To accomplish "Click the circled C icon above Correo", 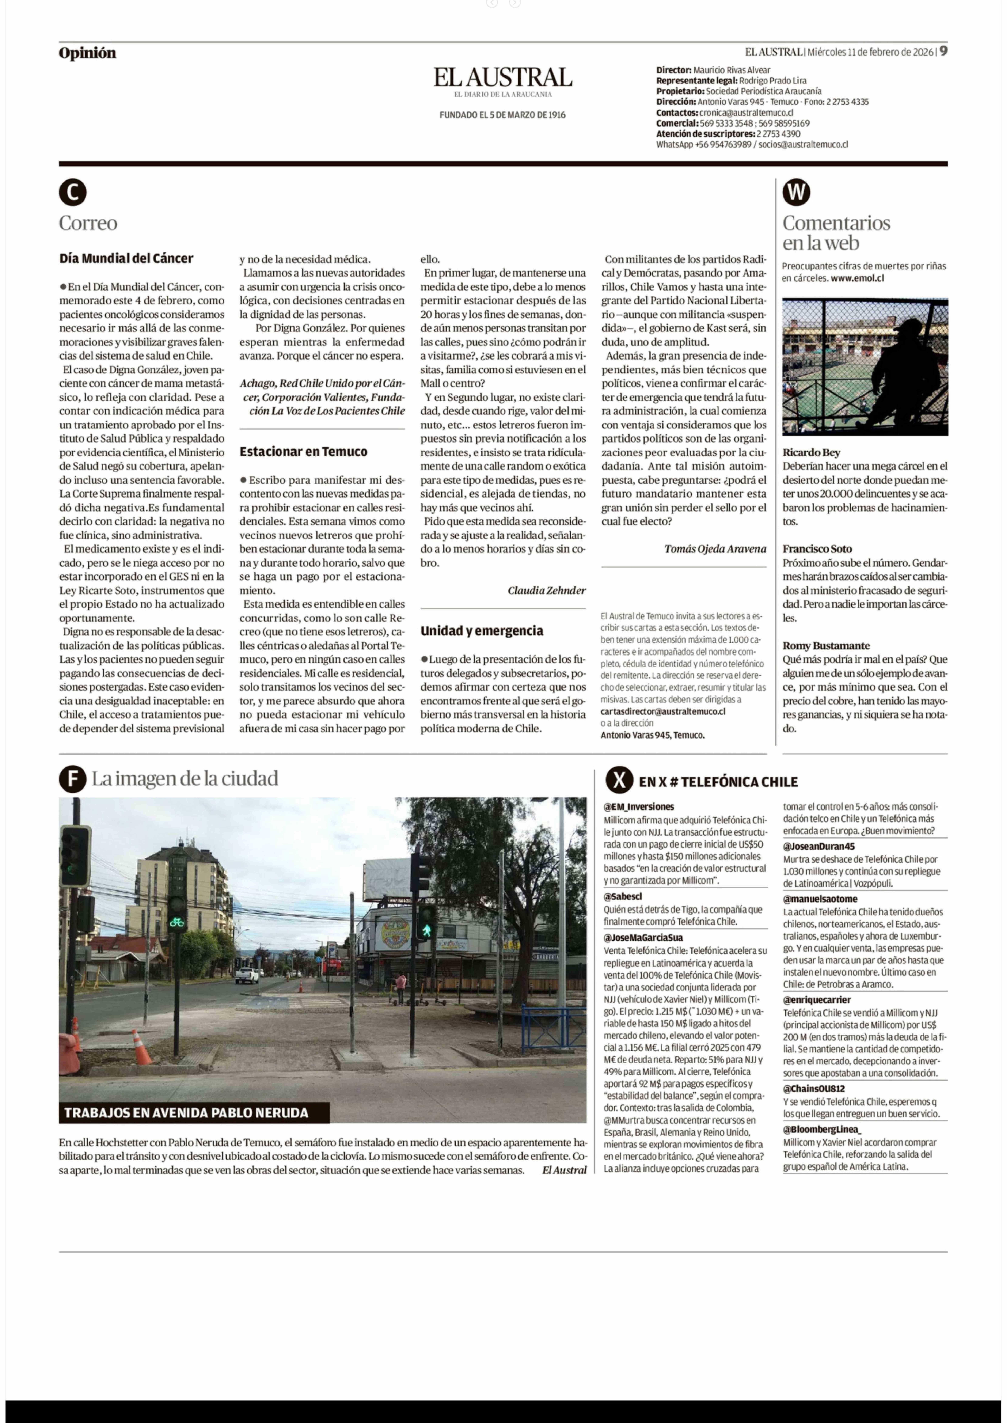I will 73,193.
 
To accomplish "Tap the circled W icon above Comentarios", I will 796,193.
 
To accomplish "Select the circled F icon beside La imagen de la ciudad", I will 73,779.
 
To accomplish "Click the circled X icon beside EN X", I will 619,780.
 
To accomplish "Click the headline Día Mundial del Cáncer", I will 127,258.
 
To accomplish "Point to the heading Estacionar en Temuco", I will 303,452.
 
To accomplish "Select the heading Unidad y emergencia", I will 482,631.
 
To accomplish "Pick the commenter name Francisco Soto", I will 817,549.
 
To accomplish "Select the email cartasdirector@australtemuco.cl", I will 663,712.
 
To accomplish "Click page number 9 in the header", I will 943,51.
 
